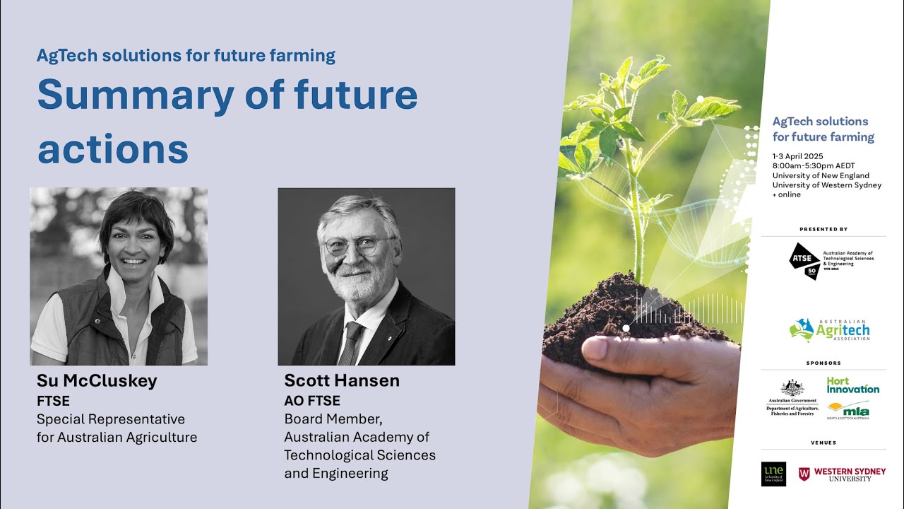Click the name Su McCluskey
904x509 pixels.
pyautogui.click(x=97, y=381)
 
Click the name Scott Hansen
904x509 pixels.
pyautogui.click(x=342, y=380)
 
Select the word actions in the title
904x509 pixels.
pyautogui.click(x=113, y=148)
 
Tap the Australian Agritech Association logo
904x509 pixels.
pyautogui.click(x=830, y=330)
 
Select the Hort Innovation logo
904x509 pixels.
pyautogui.click(x=852, y=385)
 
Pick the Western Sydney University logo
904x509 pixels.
pyautogui.click(x=842, y=474)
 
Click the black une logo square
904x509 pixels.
pyautogui.click(x=773, y=474)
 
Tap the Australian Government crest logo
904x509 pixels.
pyautogui.click(x=792, y=388)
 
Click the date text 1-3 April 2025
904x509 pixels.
pyautogui.click(x=797, y=156)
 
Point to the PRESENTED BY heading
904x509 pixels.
pyautogui.click(x=823, y=229)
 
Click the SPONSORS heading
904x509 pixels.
pyautogui.click(x=823, y=363)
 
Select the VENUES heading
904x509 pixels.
pyautogui.click(x=823, y=443)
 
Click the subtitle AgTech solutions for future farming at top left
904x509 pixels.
pyautogui.click(x=186, y=55)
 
